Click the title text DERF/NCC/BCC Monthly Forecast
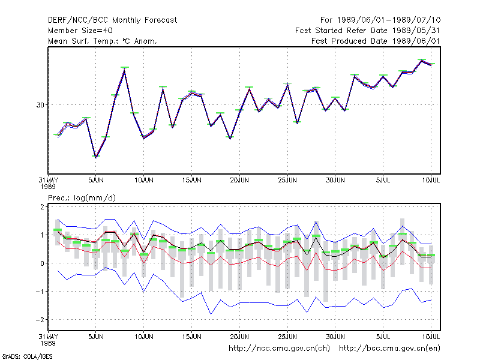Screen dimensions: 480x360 pyautogui.click(x=112, y=20)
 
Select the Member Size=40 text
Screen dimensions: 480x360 pyautogui.click(x=80, y=31)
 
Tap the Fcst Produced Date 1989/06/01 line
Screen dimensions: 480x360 pyautogui.click(x=376, y=41)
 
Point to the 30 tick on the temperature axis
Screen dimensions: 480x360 pyautogui.click(x=40, y=105)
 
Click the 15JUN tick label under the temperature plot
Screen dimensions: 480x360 pyautogui.click(x=191, y=180)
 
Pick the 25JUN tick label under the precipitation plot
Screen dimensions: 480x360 pyautogui.click(x=287, y=337)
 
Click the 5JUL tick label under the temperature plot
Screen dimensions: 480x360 pyautogui.click(x=383, y=180)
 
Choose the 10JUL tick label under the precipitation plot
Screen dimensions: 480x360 pyautogui.click(x=431, y=337)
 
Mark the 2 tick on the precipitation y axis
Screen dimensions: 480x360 pyautogui.click(x=42, y=206)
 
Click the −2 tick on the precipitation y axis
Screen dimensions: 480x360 pyautogui.click(x=40, y=320)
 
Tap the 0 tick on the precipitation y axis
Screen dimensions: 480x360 pyautogui.click(x=42, y=263)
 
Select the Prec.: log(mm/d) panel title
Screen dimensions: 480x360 pyautogui.click(x=82, y=198)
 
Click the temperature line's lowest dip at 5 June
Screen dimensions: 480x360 pyautogui.click(x=96, y=157)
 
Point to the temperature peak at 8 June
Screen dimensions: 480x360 pyautogui.click(x=125, y=70)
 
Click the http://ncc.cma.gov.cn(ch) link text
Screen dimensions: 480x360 pyautogui.click(x=279, y=349)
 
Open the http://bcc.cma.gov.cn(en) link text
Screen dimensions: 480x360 pyautogui.click(x=389, y=349)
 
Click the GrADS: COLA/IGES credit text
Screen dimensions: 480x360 pyautogui.click(x=28, y=356)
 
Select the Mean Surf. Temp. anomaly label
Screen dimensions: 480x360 pyautogui.click(x=103, y=41)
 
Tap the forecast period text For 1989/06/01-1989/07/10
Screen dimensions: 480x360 pyautogui.click(x=380, y=20)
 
